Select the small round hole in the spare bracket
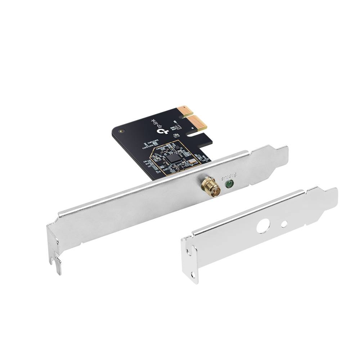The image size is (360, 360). [x=284, y=224]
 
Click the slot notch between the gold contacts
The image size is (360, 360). [x=190, y=116]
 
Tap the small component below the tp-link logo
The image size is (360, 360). [x=176, y=135]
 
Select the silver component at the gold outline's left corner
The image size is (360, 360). [x=156, y=157]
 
